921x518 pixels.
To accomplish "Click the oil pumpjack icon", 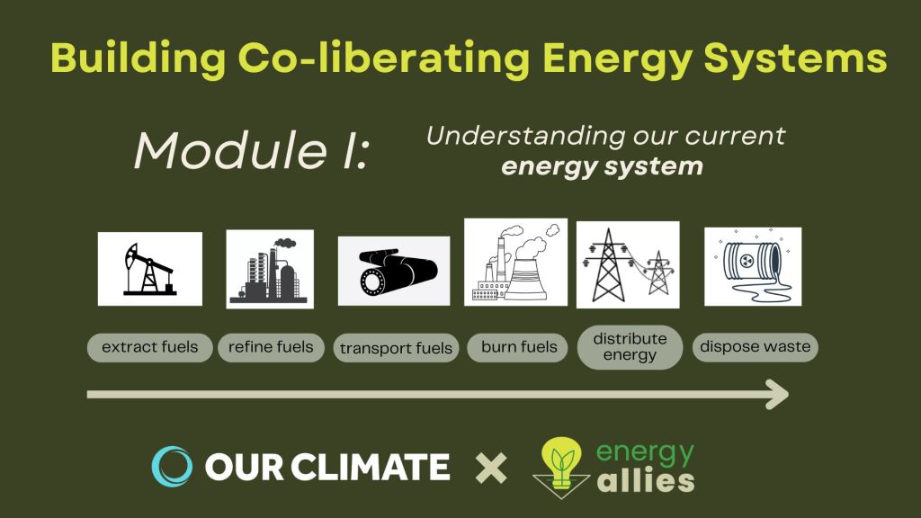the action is [x=150, y=269].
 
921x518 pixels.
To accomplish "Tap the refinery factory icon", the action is [x=270, y=270].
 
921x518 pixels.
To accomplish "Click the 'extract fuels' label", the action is [x=150, y=347].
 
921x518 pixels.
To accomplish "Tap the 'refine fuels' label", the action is [x=271, y=347].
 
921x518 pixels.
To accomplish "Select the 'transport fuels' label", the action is [x=396, y=348].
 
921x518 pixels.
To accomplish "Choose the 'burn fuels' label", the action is [x=519, y=347].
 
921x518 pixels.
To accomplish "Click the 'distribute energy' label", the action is [x=630, y=347].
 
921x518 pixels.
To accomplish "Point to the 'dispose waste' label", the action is [x=756, y=346].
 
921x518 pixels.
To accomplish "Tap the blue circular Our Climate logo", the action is [x=172, y=467].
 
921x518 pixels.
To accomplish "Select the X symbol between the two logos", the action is [x=491, y=468].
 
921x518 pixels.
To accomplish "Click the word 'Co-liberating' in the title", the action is [x=383, y=58].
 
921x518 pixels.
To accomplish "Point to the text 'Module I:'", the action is [x=252, y=151].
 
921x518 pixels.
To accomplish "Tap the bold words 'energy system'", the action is [x=602, y=166].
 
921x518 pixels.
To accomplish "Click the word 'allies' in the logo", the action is [x=646, y=480].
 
